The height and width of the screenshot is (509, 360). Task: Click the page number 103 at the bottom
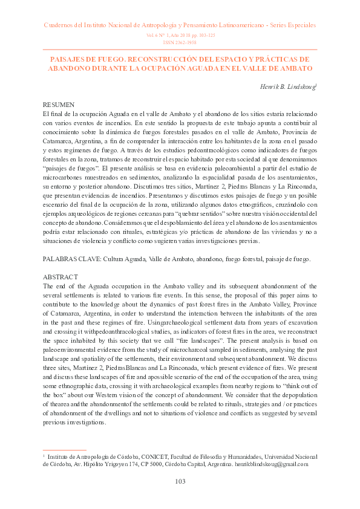pyautogui.click(x=180, y=481)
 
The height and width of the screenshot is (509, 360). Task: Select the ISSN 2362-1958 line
pyautogui.click(x=180, y=43)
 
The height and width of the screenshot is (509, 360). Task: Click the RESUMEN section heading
pyautogui.click(x=59, y=105)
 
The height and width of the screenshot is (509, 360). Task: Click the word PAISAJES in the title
pyautogui.click(x=67, y=59)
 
